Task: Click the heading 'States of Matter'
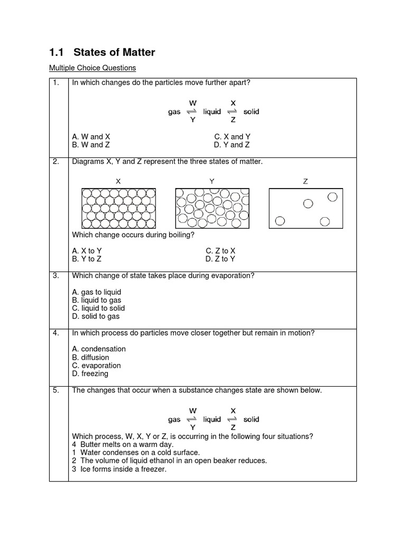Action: (x=114, y=52)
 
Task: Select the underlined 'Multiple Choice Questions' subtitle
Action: (x=93, y=68)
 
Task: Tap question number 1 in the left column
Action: (x=56, y=83)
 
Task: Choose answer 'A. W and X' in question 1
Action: (x=91, y=136)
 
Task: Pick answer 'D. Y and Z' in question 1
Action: (x=232, y=145)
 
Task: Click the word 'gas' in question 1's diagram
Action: (x=174, y=112)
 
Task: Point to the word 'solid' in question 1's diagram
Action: (x=251, y=112)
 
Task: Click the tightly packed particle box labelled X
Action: (x=118, y=208)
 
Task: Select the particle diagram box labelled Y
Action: (x=212, y=208)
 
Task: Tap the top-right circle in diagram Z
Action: (x=333, y=197)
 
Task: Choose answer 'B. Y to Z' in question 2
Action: (x=87, y=259)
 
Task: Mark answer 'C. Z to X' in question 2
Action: (x=220, y=251)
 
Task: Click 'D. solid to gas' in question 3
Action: (x=96, y=316)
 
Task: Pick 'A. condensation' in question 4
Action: (x=99, y=349)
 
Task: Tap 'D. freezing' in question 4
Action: (x=90, y=374)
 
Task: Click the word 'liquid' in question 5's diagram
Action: (x=212, y=419)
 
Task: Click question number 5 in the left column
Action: (x=56, y=390)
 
